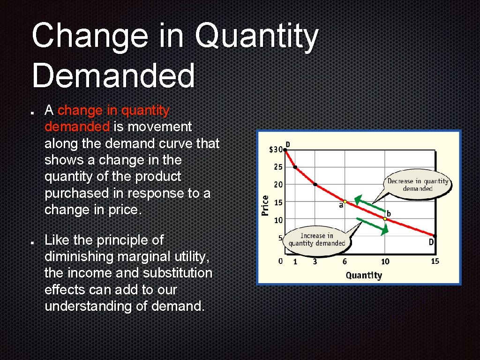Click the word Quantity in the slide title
click(257, 37)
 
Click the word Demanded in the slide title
click(113, 76)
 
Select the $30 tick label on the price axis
click(276, 150)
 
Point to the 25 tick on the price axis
click(278, 167)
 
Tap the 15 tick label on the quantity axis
click(435, 261)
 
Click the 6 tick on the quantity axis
click(345, 262)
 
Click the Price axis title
click(265, 205)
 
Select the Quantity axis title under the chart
click(364, 275)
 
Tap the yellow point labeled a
click(345, 201)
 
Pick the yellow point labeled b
click(385, 218)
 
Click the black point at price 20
click(315, 185)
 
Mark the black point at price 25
click(295, 167)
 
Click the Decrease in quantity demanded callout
click(417, 185)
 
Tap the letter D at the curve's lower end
click(431, 242)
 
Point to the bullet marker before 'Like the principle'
click(30, 243)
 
